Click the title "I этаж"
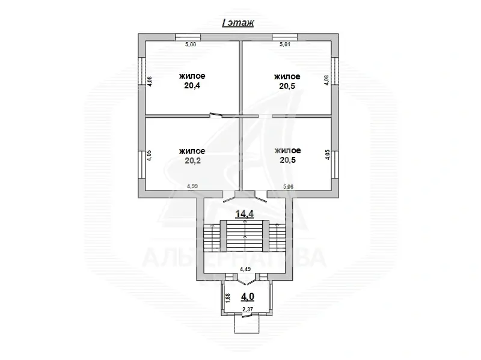pos(238,23)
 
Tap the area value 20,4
pos(192,85)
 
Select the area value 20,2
pos(192,160)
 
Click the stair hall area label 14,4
pos(245,213)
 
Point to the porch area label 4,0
pos(248,296)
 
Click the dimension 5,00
pos(191,44)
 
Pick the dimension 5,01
pos(285,44)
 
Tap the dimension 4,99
pos(192,186)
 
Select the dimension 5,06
pos(288,186)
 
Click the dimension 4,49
pos(245,269)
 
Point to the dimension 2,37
pos(248,309)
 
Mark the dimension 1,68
pos(228,299)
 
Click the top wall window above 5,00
pos(188,37)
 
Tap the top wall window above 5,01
pos(284,37)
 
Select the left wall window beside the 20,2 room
pos(141,165)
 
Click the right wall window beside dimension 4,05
pos(335,165)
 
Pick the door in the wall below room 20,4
pos(216,115)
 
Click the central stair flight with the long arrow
pos(245,235)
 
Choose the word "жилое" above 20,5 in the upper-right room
pos(287,76)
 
